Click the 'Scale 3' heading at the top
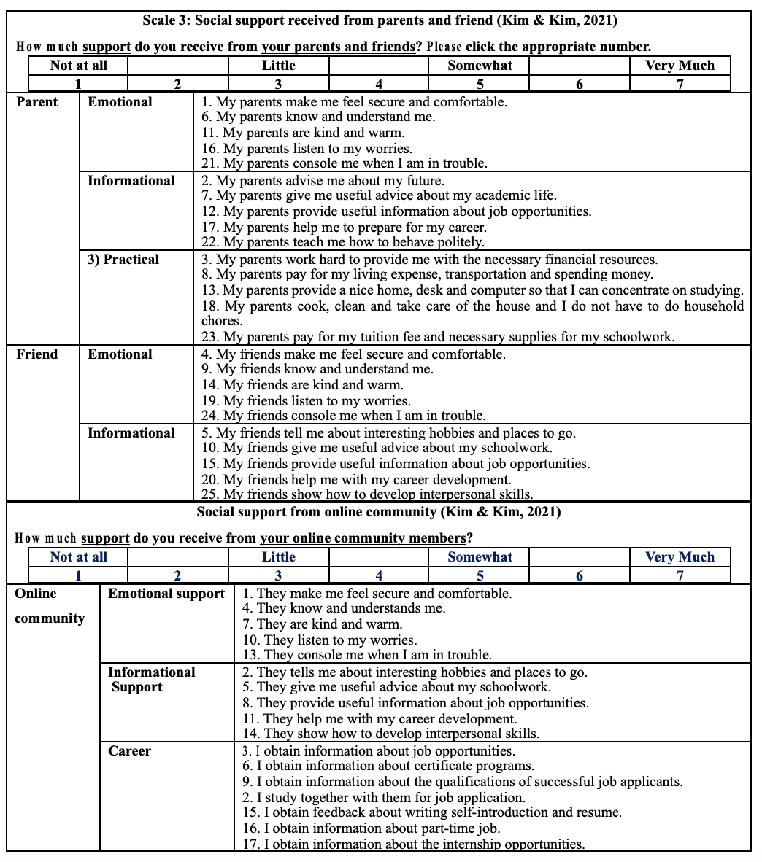tap(380, 20)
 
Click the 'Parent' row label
tap(36, 102)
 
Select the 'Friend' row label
tap(36, 354)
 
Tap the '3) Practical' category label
tap(123, 260)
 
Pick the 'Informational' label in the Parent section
tap(131, 181)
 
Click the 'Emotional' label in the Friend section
tap(120, 354)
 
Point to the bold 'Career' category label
tap(130, 751)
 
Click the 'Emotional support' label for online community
tap(166, 594)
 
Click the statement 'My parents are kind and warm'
tap(303, 133)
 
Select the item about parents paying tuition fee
tap(438, 337)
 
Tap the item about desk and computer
tap(472, 290)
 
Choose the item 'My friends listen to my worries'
tap(306, 401)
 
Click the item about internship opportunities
tap(414, 844)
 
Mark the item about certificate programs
tap(388, 766)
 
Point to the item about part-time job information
tap(372, 828)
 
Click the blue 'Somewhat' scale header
tap(480, 557)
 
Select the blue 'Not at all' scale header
tap(79, 557)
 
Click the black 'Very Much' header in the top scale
tap(680, 66)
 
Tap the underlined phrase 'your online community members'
tap(363, 538)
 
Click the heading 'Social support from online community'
tap(379, 512)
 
